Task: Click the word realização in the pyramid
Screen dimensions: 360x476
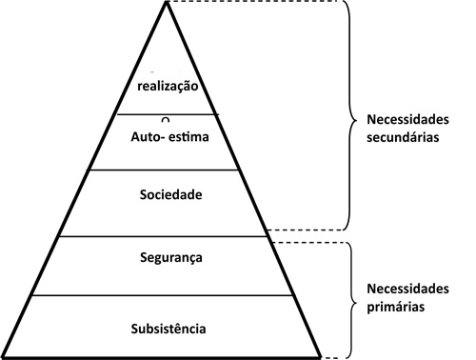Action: tap(167, 87)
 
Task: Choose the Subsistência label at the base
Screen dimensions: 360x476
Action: tap(168, 330)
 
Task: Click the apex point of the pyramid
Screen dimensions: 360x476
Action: tap(168, 3)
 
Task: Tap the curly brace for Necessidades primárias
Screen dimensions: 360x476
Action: tap(348, 297)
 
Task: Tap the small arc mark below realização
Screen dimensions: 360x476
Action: tap(165, 119)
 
